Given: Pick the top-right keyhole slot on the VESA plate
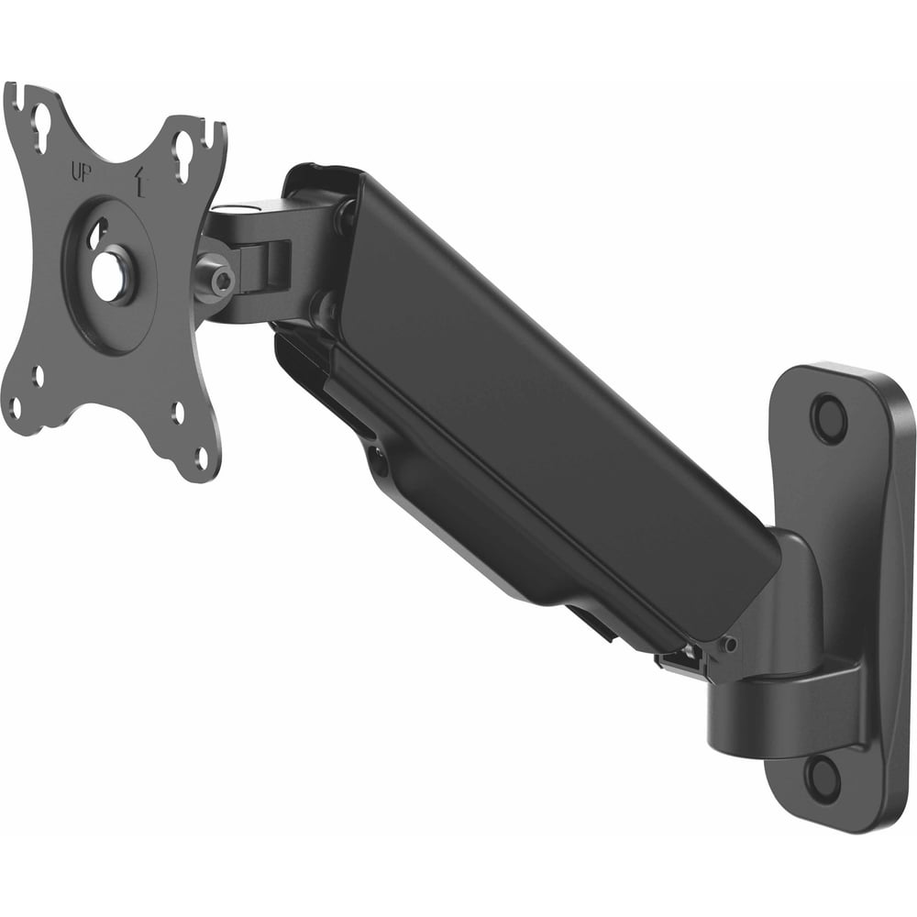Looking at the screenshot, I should point(183,145).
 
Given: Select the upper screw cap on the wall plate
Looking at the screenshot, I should point(829,418).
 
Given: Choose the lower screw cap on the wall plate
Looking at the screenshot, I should point(822,778).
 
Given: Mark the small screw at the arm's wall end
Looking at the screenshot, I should point(729,645).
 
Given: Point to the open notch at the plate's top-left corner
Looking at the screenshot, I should point(13,94).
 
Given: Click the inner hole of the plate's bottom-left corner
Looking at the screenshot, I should point(39,377).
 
